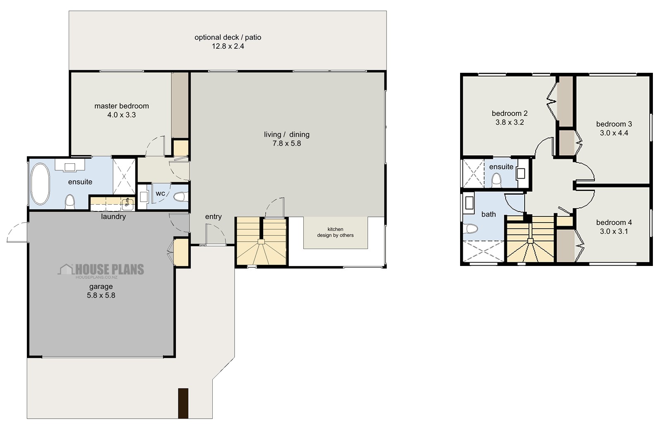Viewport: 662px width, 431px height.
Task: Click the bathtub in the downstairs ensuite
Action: [x=40, y=184]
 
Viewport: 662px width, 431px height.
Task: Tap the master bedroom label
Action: [x=121, y=106]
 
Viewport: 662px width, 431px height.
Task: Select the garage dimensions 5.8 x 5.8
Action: [x=101, y=295]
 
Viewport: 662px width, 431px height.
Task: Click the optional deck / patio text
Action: [x=228, y=37]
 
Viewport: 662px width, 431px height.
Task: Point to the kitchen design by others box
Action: [x=335, y=232]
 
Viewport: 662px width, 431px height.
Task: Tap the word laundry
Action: [x=113, y=216]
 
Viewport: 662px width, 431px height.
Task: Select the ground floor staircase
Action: [x=261, y=242]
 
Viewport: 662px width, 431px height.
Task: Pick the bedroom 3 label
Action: [x=614, y=124]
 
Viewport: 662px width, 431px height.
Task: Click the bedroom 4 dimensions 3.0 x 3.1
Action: [x=614, y=231]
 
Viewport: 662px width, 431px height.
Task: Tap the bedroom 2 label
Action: [x=509, y=113]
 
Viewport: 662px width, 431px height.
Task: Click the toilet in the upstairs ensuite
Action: [x=496, y=180]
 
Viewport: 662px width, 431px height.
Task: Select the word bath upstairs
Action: [x=488, y=214]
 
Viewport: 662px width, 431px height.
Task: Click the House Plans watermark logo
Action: [x=101, y=270]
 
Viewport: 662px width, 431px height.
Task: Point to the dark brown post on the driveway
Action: [x=183, y=403]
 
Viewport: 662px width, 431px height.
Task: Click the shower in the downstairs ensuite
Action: [x=124, y=176]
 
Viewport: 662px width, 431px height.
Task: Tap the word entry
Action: [x=213, y=217]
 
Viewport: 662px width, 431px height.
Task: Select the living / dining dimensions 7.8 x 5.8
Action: [x=286, y=144]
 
